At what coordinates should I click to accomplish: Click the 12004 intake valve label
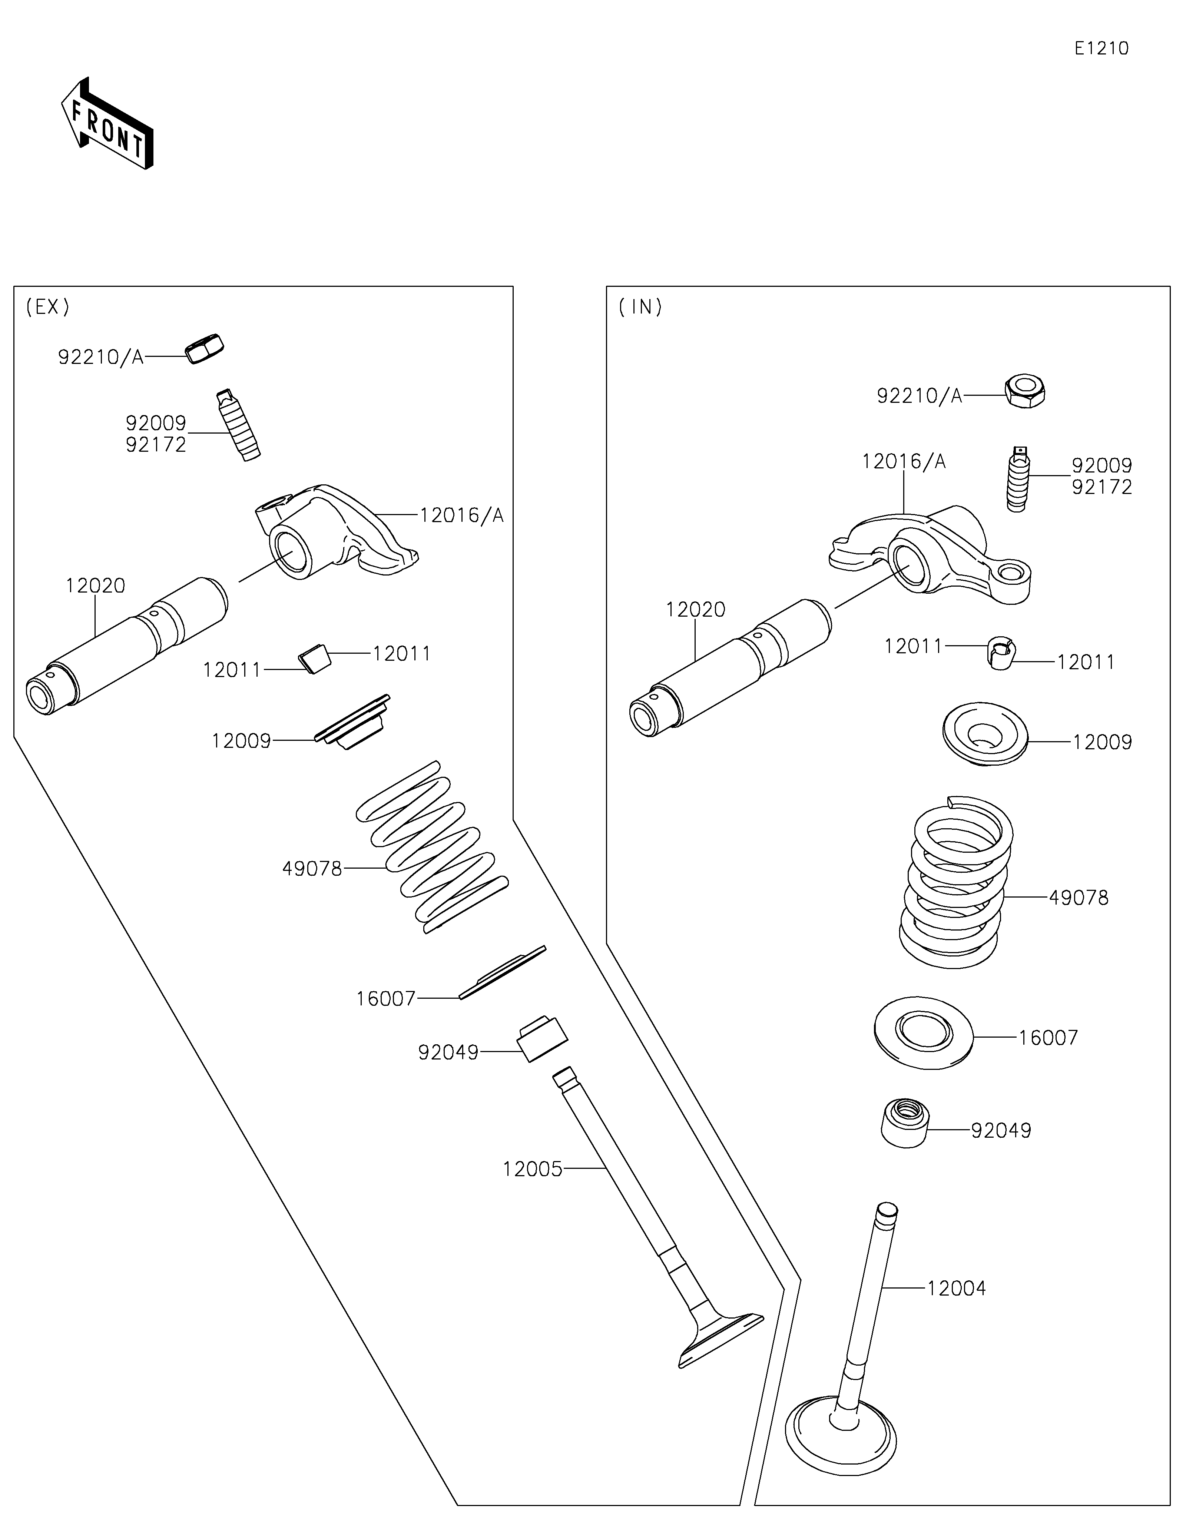(956, 1289)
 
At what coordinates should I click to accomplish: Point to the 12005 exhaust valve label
(532, 1169)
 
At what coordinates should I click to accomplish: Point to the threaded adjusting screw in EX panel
(238, 425)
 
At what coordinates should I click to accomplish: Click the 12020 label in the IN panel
(695, 610)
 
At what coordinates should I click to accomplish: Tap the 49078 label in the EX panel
(312, 869)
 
